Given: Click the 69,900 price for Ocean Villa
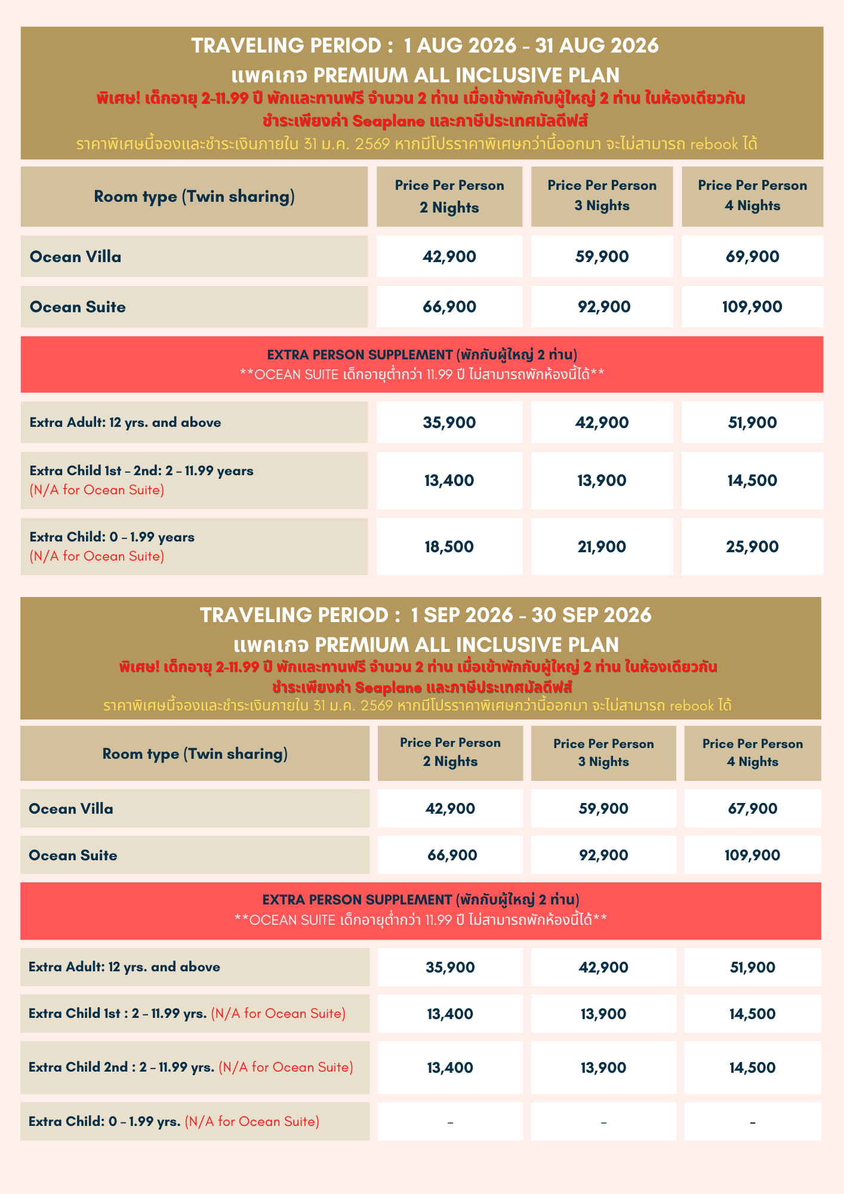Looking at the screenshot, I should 752,257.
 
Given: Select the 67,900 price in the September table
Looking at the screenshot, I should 752,808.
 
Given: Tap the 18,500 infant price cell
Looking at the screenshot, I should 449,546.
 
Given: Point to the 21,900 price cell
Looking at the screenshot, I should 602,546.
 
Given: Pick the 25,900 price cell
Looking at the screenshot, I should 752,546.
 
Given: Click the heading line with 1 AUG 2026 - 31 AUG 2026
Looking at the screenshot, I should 425,45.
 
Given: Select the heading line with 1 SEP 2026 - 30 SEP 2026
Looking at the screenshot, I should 425,615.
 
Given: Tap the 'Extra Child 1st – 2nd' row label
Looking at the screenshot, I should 141,471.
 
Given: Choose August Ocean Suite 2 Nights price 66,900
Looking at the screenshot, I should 449,307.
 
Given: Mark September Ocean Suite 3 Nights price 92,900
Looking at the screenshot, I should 603,855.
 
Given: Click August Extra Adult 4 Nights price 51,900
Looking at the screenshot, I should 752,423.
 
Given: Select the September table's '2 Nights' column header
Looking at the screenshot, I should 450,752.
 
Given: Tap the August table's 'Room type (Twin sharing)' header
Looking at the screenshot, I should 194,196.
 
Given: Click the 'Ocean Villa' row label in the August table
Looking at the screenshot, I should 76,257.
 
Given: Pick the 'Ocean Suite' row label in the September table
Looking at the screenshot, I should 73,855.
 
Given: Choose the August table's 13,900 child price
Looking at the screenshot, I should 602,481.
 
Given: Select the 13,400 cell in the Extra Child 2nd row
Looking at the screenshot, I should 450,1067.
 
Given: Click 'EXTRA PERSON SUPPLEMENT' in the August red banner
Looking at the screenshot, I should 359,355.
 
